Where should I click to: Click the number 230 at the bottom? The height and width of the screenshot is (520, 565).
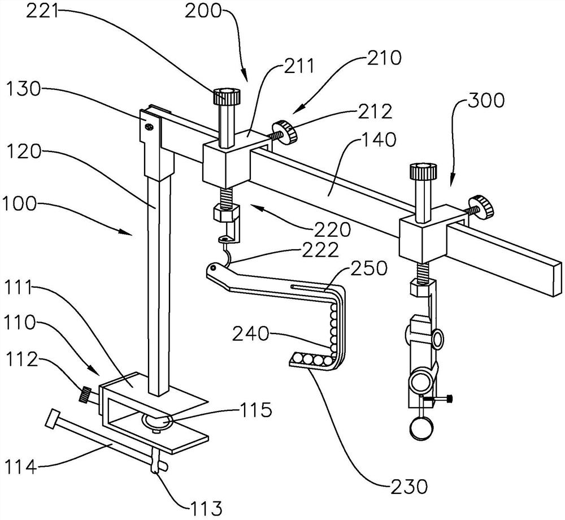tap(408, 487)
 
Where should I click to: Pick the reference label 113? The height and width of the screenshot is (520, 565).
tap(206, 508)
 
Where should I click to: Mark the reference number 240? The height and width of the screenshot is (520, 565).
tap(250, 334)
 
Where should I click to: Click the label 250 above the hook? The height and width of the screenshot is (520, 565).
tap(368, 268)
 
